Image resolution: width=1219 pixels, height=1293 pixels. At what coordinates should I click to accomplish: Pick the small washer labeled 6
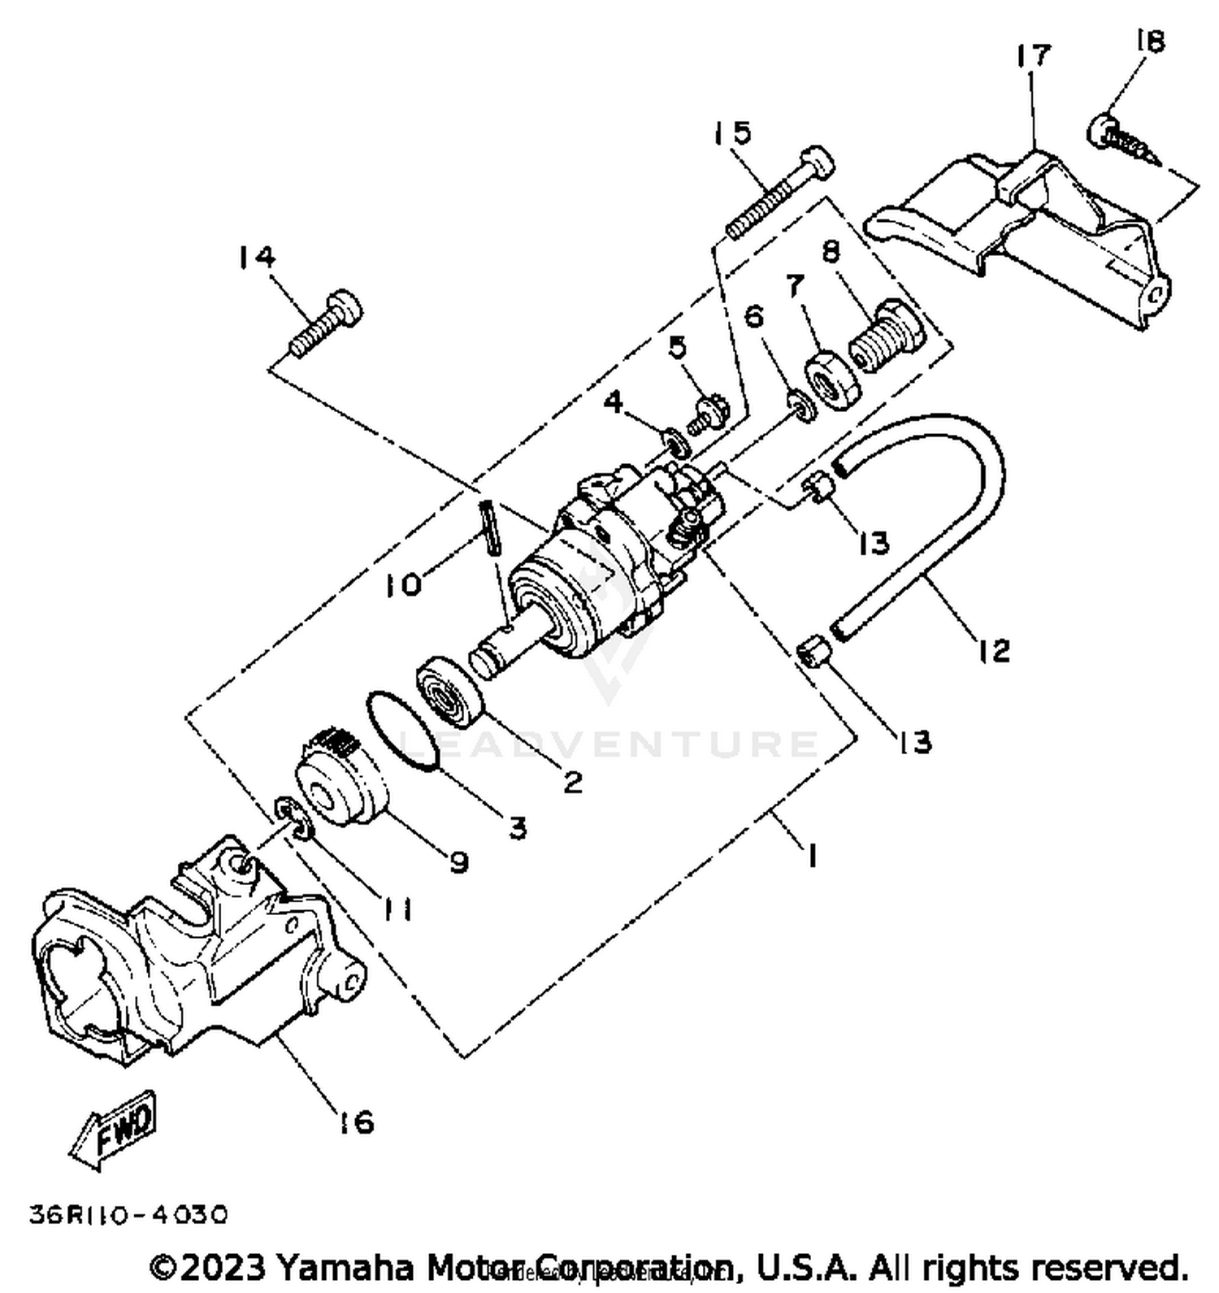tap(801, 406)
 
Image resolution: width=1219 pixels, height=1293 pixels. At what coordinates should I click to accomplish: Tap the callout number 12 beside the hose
tap(993, 649)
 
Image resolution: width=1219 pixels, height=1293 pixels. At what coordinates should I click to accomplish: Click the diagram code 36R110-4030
tap(128, 1215)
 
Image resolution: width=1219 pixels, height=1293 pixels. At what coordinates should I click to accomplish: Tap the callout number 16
tap(355, 1122)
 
